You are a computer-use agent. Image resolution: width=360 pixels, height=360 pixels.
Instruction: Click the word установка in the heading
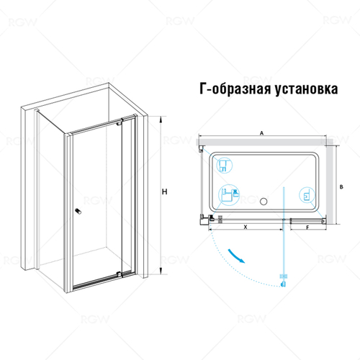point(306,90)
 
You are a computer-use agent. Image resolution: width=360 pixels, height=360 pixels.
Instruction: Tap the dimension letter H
point(166,192)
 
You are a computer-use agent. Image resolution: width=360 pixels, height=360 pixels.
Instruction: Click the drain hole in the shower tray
point(263,202)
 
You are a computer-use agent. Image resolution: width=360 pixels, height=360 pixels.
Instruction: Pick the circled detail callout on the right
point(305,196)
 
